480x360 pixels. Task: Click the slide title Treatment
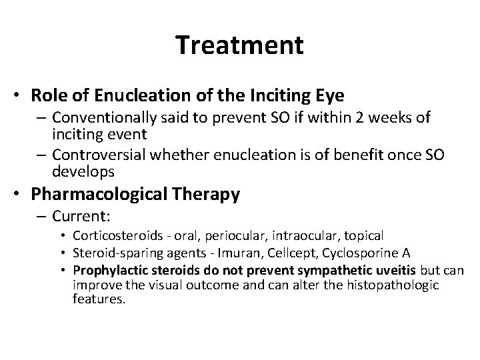coord(240,45)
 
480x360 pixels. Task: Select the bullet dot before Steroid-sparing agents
coord(65,253)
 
